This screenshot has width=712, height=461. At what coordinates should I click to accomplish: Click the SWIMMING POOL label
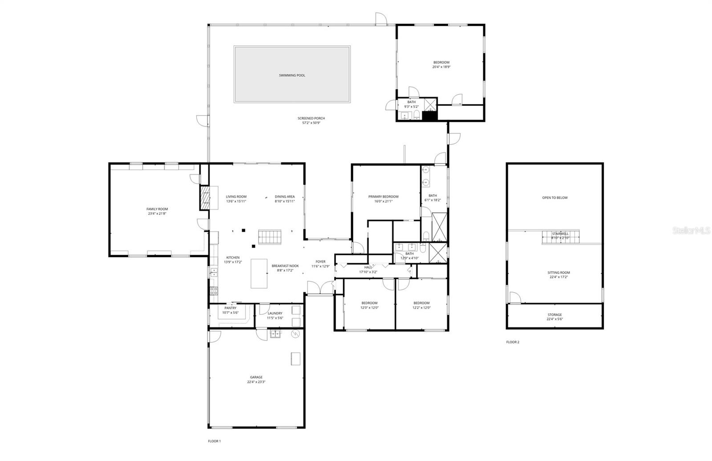coord(292,76)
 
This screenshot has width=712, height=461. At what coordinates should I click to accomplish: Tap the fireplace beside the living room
coord(205,197)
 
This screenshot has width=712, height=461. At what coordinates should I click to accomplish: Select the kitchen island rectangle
coord(259,273)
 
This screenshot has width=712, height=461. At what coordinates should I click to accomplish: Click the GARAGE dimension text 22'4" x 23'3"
coord(256,382)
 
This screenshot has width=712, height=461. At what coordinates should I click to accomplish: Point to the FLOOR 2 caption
coord(513,342)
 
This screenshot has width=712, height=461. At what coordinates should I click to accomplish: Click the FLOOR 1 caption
coord(214,441)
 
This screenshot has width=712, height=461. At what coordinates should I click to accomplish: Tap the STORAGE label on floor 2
coord(554,315)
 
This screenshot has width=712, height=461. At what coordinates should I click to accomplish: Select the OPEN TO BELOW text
coord(555,198)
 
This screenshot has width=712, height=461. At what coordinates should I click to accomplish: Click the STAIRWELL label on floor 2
coord(560,234)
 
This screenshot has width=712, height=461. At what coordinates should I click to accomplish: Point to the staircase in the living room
coord(271,237)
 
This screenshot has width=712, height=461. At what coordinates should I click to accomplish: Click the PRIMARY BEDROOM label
coord(383,196)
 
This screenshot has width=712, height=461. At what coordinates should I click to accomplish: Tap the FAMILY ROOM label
coord(157,209)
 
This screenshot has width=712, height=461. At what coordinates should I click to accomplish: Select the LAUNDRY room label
coord(275,313)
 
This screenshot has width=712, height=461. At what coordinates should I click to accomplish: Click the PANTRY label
coord(231,308)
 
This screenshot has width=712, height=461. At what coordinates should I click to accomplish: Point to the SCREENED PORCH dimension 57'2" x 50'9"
coord(311,123)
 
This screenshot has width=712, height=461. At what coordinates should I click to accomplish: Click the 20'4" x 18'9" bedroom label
coord(441,67)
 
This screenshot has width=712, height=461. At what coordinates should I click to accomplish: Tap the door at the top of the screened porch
coord(380,18)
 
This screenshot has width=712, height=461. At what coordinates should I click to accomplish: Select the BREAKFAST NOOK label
coord(285,266)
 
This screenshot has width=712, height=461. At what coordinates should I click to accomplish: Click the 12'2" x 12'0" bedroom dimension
coord(421,308)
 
